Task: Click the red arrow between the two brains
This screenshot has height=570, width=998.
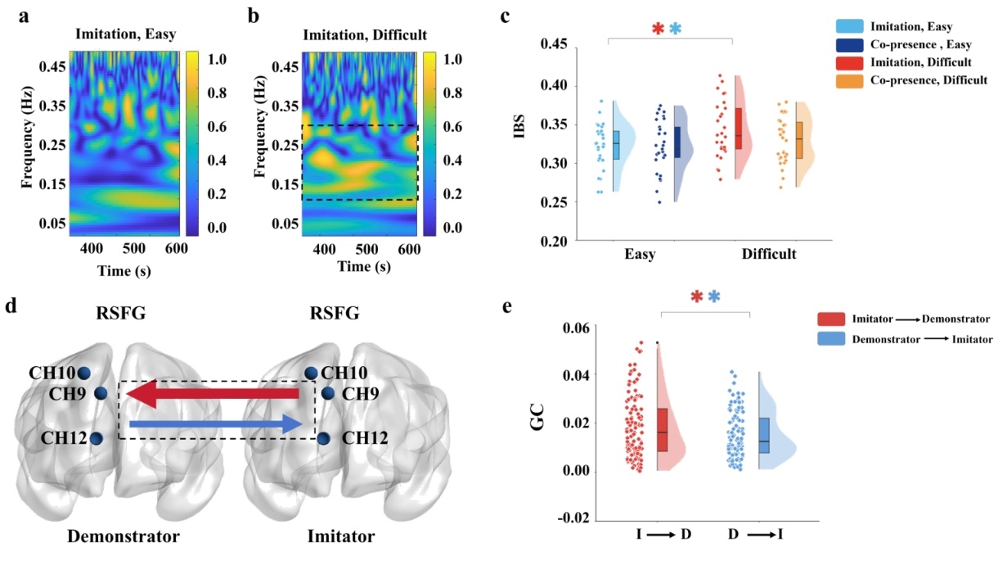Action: [217, 396]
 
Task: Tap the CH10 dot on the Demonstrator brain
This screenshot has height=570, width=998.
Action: [83, 373]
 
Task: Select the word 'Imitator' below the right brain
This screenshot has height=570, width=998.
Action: [342, 537]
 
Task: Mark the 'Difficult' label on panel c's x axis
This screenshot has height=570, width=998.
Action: [769, 256]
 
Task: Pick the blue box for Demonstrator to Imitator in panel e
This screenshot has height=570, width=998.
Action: [763, 435]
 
